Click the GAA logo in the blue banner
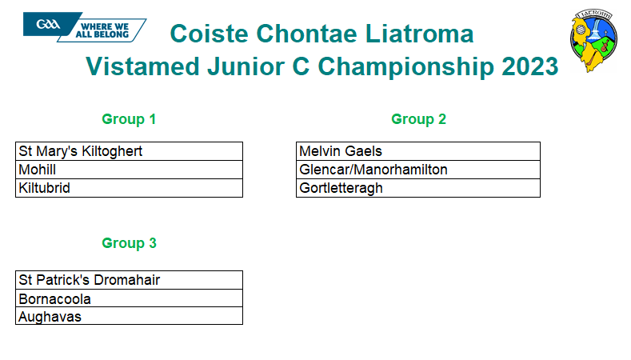(x=48, y=25)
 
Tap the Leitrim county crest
(x=594, y=41)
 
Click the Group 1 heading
(x=129, y=119)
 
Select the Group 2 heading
(x=418, y=119)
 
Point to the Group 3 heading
(x=129, y=243)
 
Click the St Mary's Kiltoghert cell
(x=130, y=151)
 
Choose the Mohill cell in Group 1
(x=130, y=170)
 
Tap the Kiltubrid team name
(x=44, y=188)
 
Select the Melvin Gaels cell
(x=418, y=151)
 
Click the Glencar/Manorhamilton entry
(x=373, y=170)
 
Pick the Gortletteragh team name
(x=341, y=189)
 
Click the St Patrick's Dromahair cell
(x=130, y=280)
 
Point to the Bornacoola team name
(x=54, y=299)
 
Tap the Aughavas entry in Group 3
(x=50, y=317)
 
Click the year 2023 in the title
(x=530, y=66)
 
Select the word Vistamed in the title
(x=142, y=66)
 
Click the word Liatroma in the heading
(x=419, y=34)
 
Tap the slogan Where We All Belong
(x=102, y=30)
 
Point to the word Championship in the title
(x=406, y=66)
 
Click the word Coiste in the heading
(x=210, y=34)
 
